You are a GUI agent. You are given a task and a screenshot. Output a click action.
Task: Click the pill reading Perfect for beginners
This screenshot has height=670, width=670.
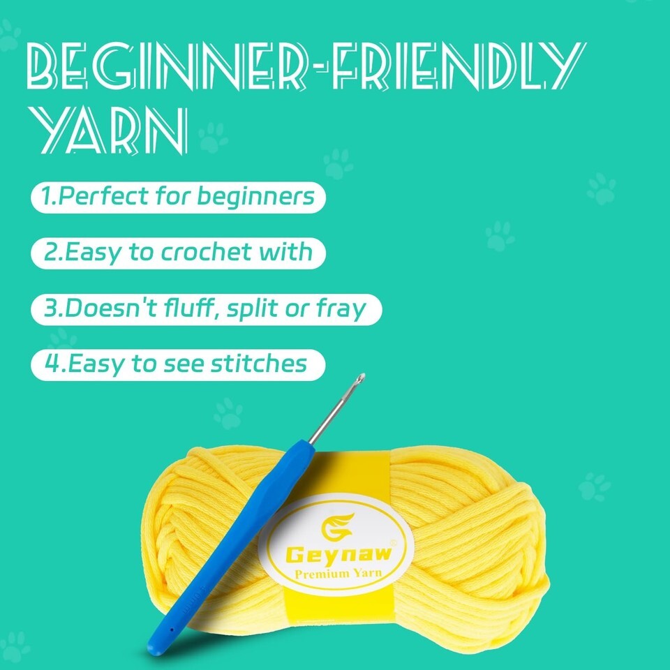pos(178,198)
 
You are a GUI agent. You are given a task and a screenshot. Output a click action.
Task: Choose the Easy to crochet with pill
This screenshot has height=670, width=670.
pos(178,253)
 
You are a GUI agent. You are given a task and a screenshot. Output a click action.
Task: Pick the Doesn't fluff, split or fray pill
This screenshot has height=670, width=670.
pos(207,309)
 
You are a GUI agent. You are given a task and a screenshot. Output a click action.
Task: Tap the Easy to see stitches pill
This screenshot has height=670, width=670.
pos(178,365)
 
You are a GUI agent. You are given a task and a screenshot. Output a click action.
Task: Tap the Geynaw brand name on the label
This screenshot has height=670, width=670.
pos(338,554)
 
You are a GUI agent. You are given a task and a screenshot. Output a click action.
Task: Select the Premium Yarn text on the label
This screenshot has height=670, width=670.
pos(338,574)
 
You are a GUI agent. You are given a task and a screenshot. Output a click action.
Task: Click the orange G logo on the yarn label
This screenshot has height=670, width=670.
pos(338,526)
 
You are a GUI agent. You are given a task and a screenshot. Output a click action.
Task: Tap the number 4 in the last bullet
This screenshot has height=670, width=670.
pos(51,364)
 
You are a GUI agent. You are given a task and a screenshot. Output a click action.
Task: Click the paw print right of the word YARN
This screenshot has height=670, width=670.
pos(213,137)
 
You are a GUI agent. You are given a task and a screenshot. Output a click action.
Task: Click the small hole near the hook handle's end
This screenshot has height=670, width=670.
pos(172,630)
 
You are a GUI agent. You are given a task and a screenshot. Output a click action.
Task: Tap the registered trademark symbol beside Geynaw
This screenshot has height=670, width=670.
pos(394,543)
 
